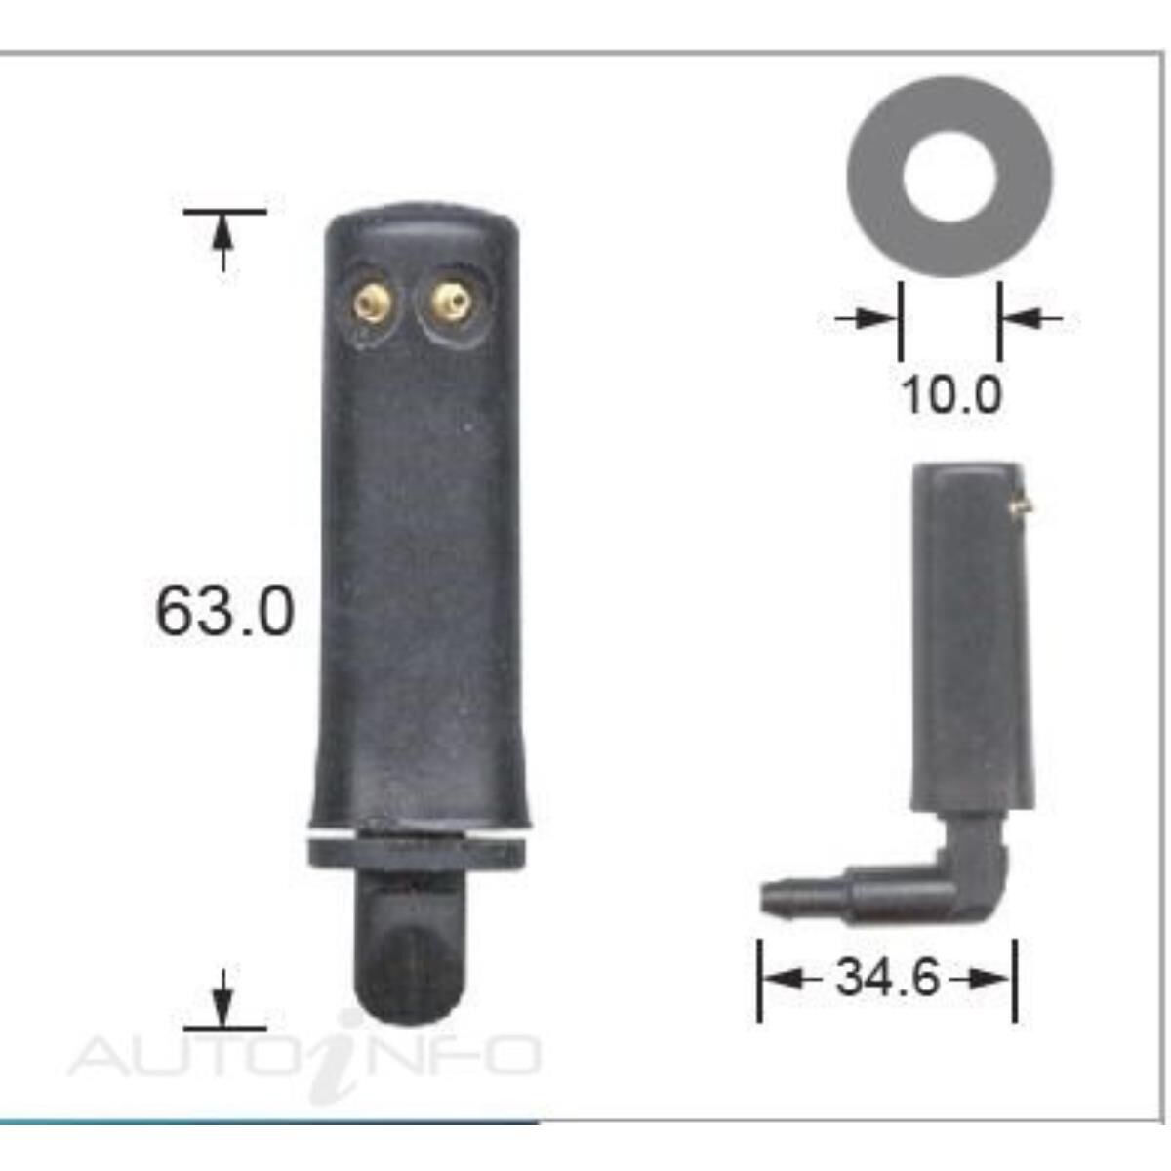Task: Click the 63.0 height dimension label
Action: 223,612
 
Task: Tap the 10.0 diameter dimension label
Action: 950,395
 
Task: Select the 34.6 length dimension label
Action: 887,977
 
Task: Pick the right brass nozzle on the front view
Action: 451,302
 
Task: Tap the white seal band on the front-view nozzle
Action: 420,838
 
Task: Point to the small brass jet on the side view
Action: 1022,505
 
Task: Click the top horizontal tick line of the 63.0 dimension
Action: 224,210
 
